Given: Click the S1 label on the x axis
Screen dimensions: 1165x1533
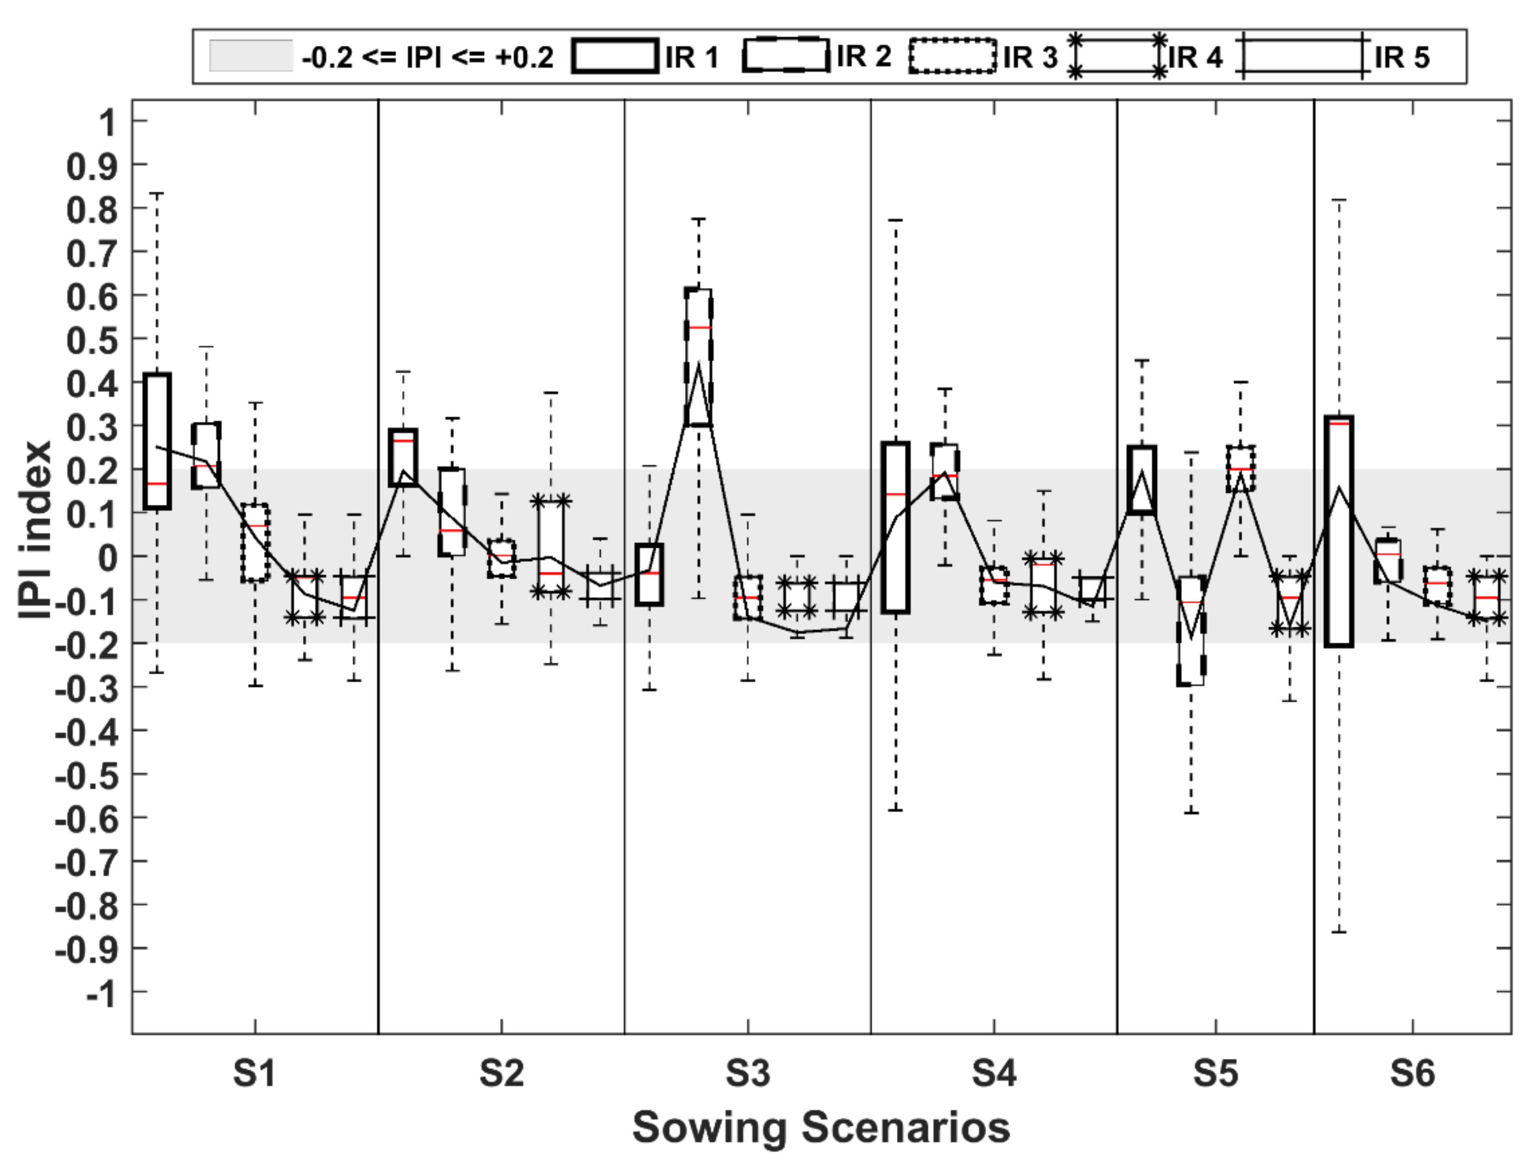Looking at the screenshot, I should coord(255,1074).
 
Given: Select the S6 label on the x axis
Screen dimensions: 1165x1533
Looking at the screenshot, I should coord(1413,1074).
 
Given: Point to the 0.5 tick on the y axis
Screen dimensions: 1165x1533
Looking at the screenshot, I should coord(87,340).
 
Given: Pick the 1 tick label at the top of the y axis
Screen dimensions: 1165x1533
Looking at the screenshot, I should coord(106,123).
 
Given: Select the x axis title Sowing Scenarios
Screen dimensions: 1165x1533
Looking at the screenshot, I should coord(821,1128).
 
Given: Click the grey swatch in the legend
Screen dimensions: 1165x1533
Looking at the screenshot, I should coord(251,56).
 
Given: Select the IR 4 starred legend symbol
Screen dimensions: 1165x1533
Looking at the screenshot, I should coord(1117,56).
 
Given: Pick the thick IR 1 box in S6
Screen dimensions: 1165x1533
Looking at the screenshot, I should coord(1339,532).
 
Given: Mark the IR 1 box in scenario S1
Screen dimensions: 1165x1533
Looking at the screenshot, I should coord(157,441).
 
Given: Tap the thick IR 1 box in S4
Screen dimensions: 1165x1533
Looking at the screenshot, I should coord(895,527).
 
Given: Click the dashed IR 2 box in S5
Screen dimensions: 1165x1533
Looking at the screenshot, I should coord(1190,631).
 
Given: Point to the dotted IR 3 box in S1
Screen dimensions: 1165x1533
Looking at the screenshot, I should coord(255,542).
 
